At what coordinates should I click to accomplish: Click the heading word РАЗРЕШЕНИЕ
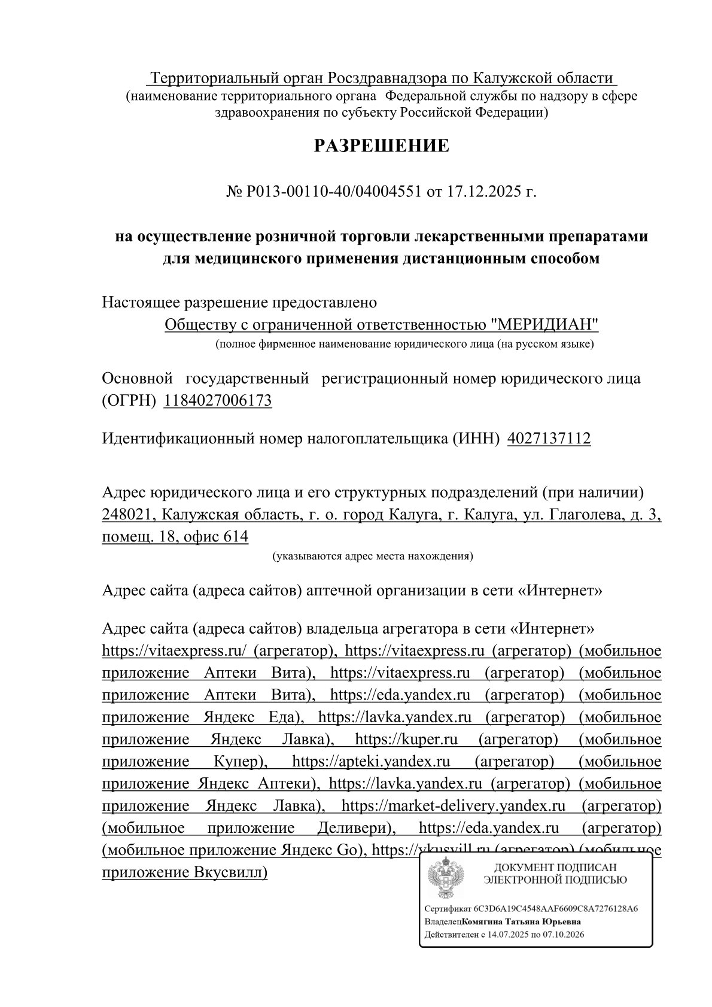point(381,145)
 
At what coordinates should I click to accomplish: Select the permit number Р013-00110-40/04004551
point(334,193)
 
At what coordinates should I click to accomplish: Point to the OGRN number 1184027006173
point(218,400)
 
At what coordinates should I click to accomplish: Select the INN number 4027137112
point(549,439)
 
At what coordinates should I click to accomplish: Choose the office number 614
point(235,537)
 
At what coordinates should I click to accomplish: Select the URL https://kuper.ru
point(406,740)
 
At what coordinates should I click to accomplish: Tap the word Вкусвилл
point(230,872)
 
